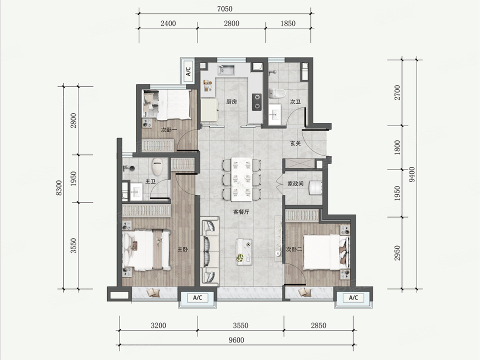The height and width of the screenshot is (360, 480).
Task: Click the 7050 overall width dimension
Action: click(224, 9)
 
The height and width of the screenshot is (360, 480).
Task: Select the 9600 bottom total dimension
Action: click(236, 340)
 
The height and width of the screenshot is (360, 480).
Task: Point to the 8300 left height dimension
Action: click(59, 188)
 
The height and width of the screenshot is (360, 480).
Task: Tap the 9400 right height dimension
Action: click(412, 174)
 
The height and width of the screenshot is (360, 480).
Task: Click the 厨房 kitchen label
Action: click(231, 101)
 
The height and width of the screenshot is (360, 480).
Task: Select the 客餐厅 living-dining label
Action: click(241, 212)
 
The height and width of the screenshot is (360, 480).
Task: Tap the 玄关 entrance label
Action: click(295, 143)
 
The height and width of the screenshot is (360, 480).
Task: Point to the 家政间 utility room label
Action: click(295, 183)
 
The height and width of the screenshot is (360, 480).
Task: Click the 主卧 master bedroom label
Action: click(183, 249)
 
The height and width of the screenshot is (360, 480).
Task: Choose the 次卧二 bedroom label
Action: click(294, 249)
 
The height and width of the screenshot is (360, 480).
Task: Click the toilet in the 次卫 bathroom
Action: click(277, 93)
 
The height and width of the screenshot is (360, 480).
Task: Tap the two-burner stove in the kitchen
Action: click(257, 102)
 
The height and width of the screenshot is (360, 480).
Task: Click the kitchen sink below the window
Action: click(226, 70)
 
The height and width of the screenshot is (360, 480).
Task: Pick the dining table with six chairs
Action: click(242, 179)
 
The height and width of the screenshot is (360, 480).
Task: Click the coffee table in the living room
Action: click(244, 252)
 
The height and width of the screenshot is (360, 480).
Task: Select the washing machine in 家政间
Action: click(316, 187)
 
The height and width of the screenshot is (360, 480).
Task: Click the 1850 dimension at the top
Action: click(288, 23)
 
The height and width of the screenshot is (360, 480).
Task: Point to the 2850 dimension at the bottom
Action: click(318, 325)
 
